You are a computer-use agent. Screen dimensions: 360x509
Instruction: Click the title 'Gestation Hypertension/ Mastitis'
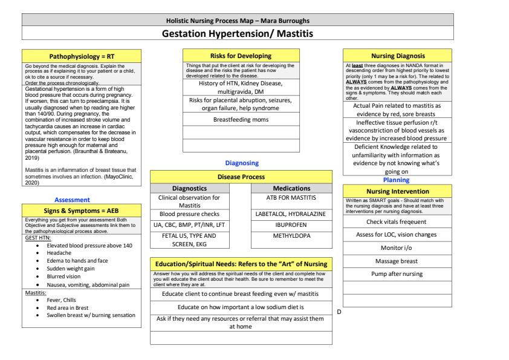click(x=237, y=33)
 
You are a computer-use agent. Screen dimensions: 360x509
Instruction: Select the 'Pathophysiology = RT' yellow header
click(x=82, y=56)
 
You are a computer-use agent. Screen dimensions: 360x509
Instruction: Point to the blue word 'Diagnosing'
click(x=241, y=163)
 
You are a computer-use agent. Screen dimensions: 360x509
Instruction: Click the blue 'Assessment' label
click(x=73, y=199)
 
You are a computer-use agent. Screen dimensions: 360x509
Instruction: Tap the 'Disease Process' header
click(x=241, y=177)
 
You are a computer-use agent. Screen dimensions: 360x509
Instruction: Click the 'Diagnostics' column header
click(x=190, y=188)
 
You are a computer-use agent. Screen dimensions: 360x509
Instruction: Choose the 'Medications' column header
click(x=291, y=188)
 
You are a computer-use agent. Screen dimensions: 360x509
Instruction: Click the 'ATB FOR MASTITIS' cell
click(x=291, y=198)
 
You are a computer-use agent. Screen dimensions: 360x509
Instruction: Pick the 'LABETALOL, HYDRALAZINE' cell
click(x=291, y=215)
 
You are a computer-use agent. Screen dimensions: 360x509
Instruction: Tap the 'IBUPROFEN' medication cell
click(x=291, y=225)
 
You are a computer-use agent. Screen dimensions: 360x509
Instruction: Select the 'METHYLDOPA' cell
click(x=291, y=236)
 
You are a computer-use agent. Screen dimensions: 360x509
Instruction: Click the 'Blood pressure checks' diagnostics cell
click(x=190, y=214)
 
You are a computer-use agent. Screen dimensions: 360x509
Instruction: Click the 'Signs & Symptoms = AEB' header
click(x=82, y=210)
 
